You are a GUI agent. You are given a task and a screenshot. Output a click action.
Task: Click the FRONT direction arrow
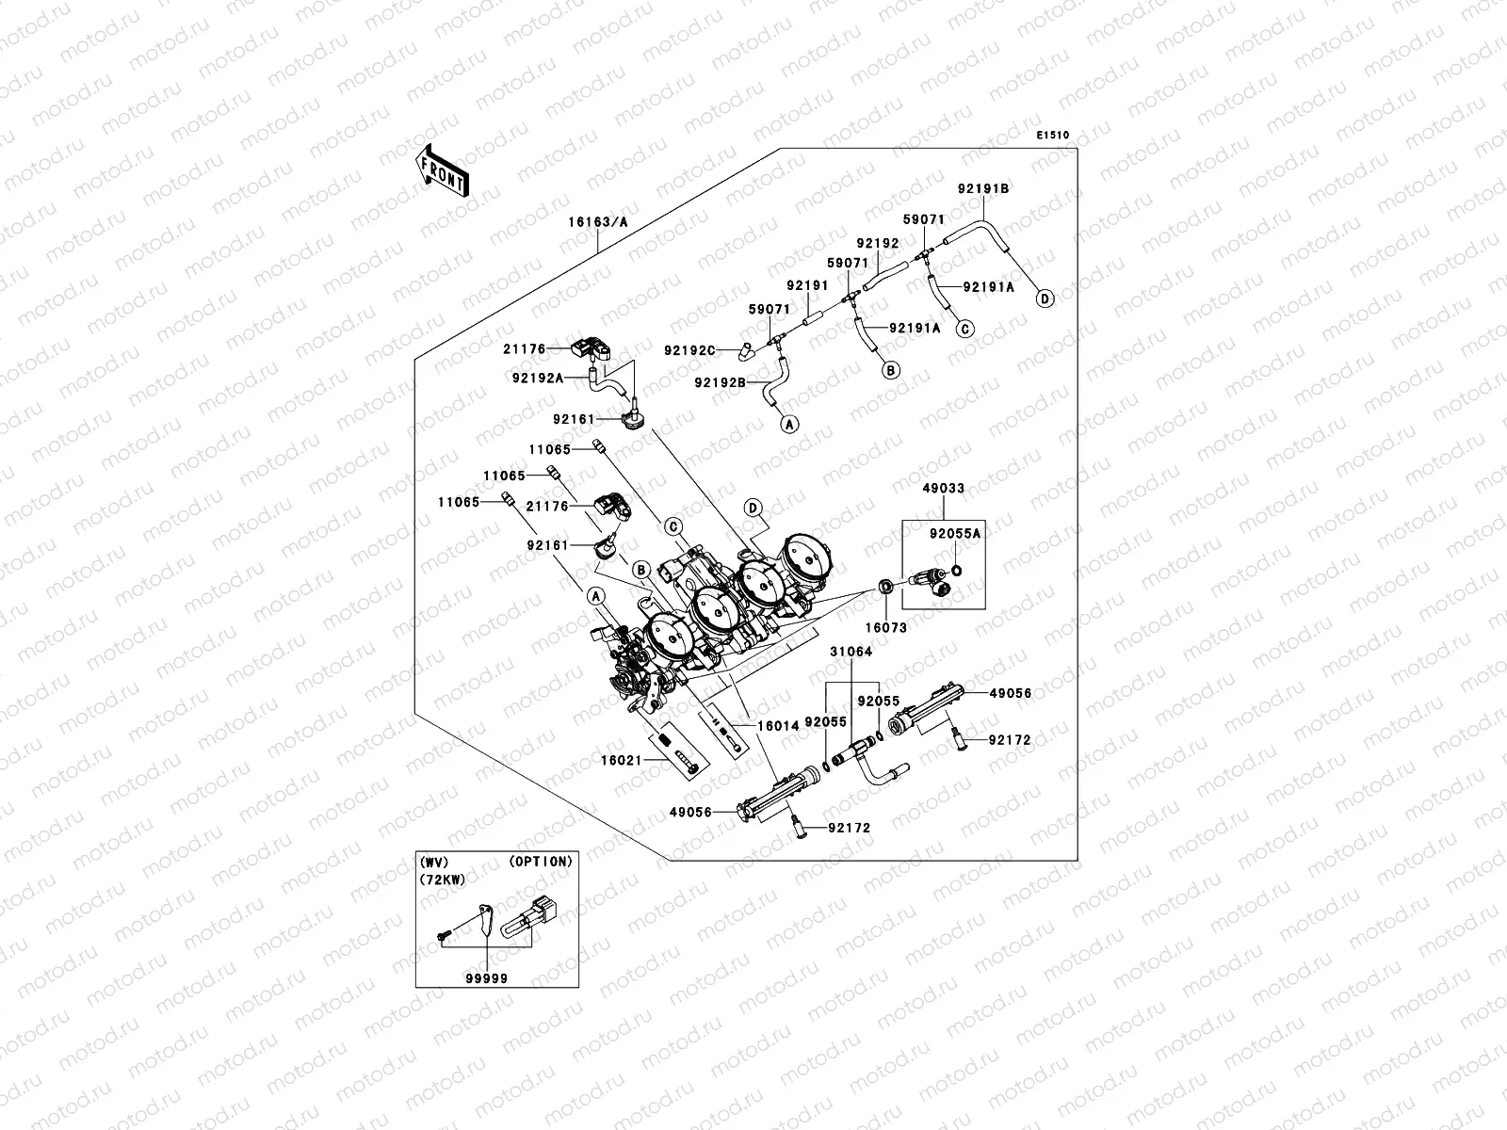click(442, 170)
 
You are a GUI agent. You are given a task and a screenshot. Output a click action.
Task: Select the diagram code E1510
click(1053, 136)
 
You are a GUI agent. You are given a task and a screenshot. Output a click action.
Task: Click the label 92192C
click(689, 350)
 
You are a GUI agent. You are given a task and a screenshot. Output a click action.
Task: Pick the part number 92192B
click(720, 382)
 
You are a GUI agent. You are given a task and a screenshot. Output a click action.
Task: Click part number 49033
click(943, 489)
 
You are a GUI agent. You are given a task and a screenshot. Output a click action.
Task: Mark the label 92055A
click(955, 533)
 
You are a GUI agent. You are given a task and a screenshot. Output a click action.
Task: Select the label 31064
click(851, 652)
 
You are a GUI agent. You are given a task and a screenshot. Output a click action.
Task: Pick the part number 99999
click(486, 978)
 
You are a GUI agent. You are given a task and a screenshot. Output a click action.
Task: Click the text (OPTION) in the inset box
click(540, 861)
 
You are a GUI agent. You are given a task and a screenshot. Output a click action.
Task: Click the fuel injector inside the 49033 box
click(931, 584)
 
